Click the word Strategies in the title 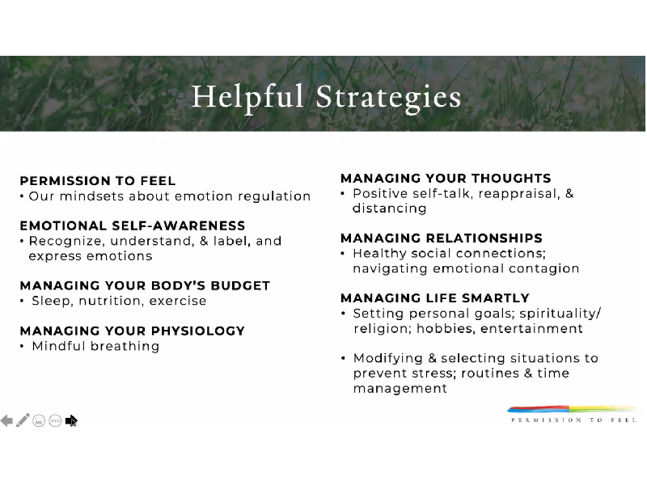388,98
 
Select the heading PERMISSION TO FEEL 98,180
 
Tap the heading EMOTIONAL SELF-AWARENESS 133,226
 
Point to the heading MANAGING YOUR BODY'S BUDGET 145,285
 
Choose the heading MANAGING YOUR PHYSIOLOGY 133,331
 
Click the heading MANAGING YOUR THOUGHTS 446,178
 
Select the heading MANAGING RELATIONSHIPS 442,238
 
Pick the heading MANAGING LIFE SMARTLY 435,297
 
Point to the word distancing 390,209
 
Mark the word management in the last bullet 400,389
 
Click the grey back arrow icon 6,420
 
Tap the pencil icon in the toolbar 23,420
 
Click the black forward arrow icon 71,420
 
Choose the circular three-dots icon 55,420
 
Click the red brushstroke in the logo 538,409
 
